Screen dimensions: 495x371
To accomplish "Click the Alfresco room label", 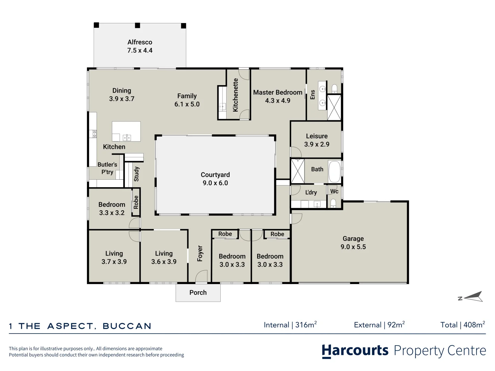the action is coord(140,42).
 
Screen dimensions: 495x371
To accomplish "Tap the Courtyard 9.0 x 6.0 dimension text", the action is coord(216,183).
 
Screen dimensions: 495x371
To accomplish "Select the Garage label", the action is coord(353,238).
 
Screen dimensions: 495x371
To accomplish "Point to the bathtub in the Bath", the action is coord(334,172).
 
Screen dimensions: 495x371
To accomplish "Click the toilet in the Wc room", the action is coord(333,203).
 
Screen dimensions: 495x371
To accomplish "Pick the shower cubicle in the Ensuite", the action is coord(334,108).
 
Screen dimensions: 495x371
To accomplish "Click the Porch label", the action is coord(198,293).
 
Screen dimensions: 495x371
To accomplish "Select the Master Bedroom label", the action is coord(278,92).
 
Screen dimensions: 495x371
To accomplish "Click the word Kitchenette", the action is coord(235,95).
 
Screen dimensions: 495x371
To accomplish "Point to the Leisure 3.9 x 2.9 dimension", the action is coord(317,144).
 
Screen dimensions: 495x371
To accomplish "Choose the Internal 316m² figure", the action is coord(290,325).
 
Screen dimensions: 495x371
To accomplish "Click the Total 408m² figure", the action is coord(463,325).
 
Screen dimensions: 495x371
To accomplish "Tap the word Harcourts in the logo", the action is coord(355,350).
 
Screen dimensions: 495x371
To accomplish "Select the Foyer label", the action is coord(200,254).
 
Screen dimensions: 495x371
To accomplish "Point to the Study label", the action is coord(136,174).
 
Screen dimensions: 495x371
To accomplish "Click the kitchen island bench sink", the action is coord(127,137).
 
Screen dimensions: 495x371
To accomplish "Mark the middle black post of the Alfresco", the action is coord(137,25).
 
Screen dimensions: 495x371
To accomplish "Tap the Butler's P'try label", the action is coord(107,168).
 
